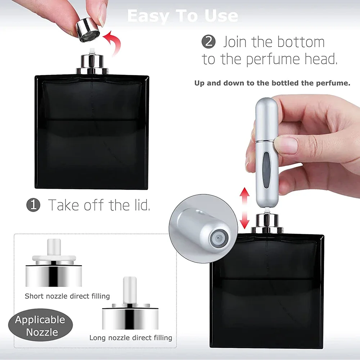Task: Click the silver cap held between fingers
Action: pos(87,30)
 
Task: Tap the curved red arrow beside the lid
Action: pos(113,42)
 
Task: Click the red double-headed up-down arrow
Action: pos(244,208)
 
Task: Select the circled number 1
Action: pos(33,204)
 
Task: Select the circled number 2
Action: pos(208,42)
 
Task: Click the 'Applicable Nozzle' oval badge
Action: pos(40,325)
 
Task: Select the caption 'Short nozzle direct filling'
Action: pos(67,296)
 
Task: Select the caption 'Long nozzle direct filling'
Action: pos(131,338)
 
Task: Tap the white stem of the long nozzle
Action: pos(130,290)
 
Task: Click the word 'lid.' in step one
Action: pos(140,204)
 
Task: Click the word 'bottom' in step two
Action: pos(301,42)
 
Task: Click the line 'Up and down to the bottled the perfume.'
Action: pos(272,83)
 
